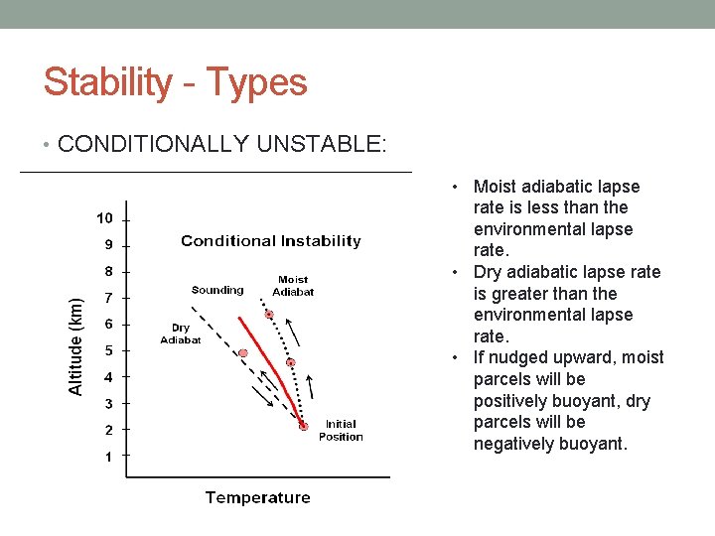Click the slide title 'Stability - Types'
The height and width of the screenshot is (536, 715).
[175, 82]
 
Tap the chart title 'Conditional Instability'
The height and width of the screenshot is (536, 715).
[270, 241]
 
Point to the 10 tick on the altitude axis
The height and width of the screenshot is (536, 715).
[104, 217]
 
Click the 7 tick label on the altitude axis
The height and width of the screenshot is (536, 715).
[109, 297]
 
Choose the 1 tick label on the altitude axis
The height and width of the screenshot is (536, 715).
[109, 457]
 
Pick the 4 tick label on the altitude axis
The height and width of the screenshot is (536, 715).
[109, 377]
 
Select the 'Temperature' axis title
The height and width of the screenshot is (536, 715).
[257, 497]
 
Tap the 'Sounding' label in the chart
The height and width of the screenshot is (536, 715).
[216, 290]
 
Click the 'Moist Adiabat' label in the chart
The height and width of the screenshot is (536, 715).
[293, 286]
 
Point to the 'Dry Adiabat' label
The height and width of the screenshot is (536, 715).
[181, 334]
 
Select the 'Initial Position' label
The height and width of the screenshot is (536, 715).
[341, 430]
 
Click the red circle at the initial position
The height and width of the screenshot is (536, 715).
[304, 427]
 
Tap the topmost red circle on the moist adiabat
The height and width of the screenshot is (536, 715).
[269, 315]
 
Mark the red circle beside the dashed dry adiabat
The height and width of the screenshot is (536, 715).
[242, 353]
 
